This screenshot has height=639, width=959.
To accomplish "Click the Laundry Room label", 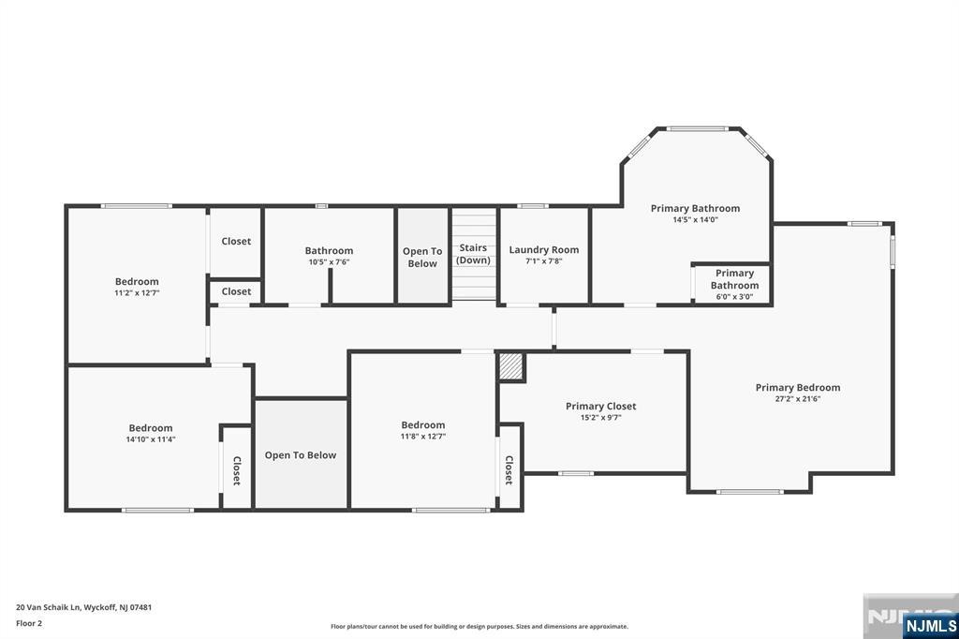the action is tap(544, 250).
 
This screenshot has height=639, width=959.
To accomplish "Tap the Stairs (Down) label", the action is tap(473, 254).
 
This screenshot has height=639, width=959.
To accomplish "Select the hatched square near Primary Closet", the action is tap(511, 367).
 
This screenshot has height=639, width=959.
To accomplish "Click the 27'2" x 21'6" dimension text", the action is tap(798, 399).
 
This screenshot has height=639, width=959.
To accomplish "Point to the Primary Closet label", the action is tap(600, 407).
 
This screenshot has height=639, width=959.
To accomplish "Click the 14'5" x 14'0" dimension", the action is tap(696, 220).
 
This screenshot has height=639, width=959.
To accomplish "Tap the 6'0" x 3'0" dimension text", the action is tap(734, 297).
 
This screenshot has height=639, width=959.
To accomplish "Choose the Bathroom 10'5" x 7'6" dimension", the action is tap(329, 262).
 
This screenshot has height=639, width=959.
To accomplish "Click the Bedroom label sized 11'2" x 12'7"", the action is tap(137, 281).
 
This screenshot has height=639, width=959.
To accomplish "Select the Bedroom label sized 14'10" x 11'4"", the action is tap(151, 428).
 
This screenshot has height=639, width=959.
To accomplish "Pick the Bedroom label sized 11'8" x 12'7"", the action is tap(423, 424).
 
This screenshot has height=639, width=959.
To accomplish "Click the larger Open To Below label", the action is tap(301, 455).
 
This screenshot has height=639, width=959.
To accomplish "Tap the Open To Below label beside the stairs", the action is tap(422, 258).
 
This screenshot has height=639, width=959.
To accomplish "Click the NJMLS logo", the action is tap(930, 626).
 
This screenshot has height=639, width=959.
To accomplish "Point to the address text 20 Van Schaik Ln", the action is tap(49, 608).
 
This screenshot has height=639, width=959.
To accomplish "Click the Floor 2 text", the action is tap(29, 624).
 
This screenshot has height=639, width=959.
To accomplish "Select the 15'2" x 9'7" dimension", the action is tap(600, 418).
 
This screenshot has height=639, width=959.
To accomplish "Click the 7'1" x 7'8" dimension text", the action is tap(544, 261).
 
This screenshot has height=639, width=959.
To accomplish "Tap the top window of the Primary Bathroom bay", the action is tap(697, 129).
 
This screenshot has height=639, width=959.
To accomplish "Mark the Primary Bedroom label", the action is tap(798, 388).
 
